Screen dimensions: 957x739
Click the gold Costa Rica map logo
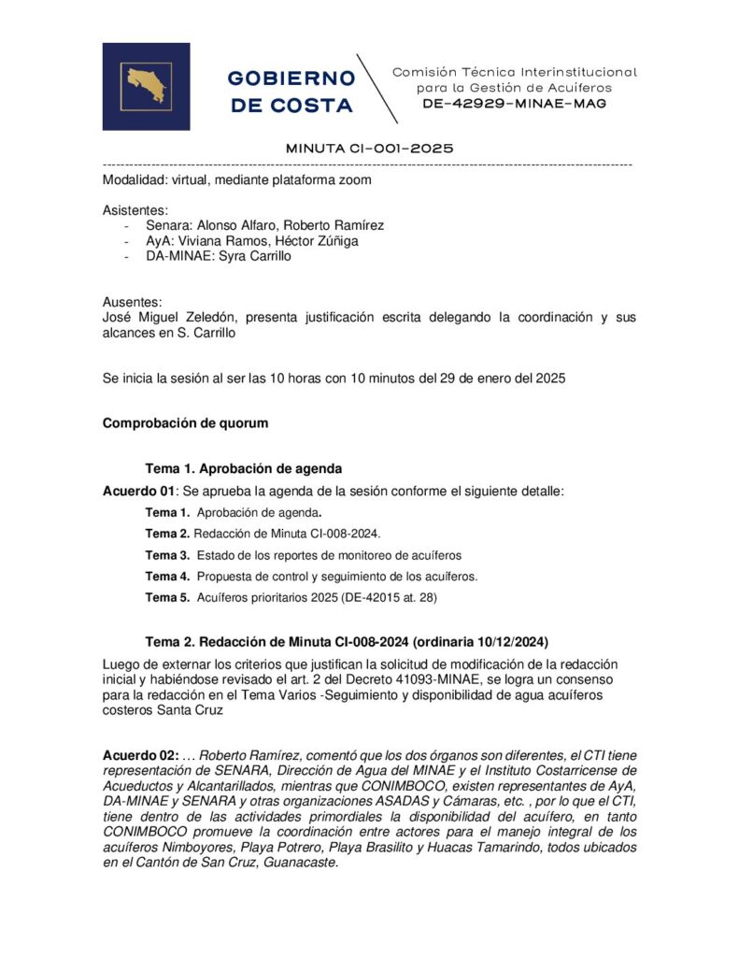146,86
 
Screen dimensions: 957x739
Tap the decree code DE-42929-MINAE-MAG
515,104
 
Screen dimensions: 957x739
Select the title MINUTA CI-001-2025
369,148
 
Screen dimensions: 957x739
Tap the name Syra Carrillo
254,256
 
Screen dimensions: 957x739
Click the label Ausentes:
132,302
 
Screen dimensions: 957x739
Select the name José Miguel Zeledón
168,318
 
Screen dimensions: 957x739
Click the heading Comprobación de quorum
185,422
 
